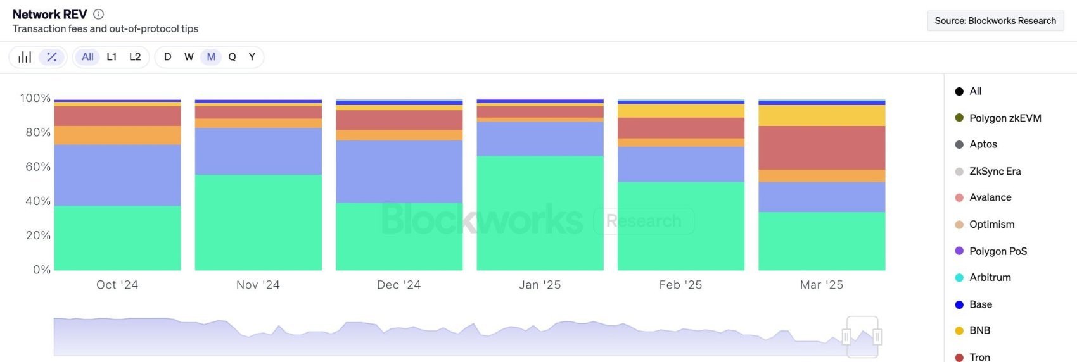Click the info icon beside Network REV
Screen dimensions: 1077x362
pyautogui.click(x=99, y=14)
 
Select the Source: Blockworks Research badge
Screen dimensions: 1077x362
pyautogui.click(x=995, y=21)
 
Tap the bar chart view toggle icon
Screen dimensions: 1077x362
pyautogui.click(x=25, y=57)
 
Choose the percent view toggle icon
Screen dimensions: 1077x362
pyautogui.click(x=51, y=57)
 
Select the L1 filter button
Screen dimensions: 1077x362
pyautogui.click(x=112, y=57)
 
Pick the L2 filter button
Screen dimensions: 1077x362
pyautogui.click(x=135, y=57)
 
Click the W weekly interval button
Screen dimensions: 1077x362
pyautogui.click(x=189, y=57)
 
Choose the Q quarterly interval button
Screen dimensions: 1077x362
pyautogui.click(x=233, y=57)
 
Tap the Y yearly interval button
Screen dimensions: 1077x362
pyautogui.click(x=252, y=57)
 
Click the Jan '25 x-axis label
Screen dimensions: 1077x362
pyautogui.click(x=540, y=285)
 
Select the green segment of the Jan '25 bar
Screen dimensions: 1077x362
pyautogui.click(x=540, y=213)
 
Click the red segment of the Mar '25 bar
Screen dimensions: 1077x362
pyautogui.click(x=822, y=148)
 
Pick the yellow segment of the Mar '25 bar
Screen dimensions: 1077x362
pyautogui.click(x=822, y=116)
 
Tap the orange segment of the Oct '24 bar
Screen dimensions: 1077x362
pyautogui.click(x=117, y=135)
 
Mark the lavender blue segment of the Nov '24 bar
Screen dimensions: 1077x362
pyautogui.click(x=258, y=151)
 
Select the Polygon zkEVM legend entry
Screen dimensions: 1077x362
pyautogui.click(x=998, y=118)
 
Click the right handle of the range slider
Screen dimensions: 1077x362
pyautogui.click(x=877, y=337)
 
